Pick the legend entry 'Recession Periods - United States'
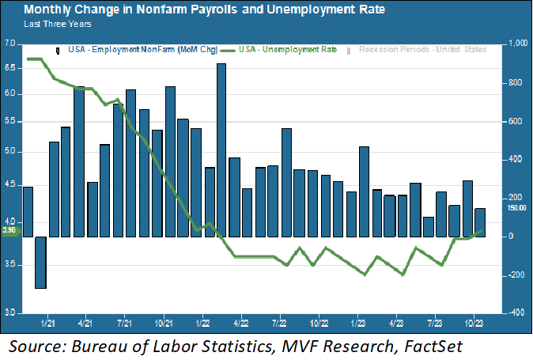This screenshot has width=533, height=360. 422,50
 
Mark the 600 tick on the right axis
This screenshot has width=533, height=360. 516,122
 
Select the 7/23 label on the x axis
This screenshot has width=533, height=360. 433,323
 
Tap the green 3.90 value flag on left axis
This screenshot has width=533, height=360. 9,230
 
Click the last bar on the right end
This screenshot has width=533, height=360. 479,222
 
